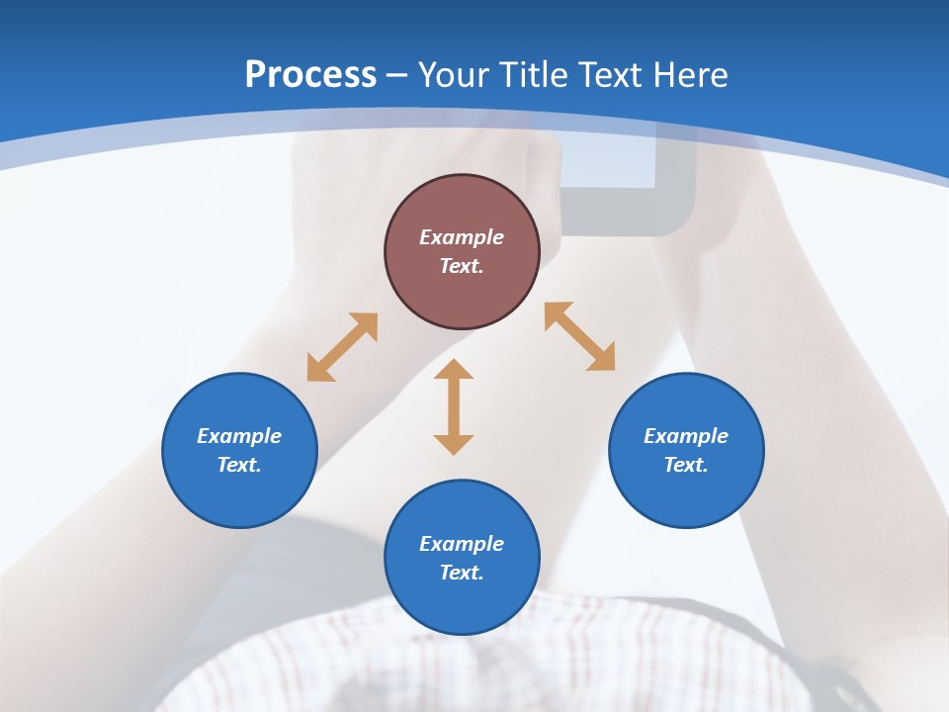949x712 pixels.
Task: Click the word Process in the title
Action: (x=310, y=75)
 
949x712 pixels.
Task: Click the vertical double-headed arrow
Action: (x=454, y=406)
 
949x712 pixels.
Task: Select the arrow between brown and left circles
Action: (x=342, y=347)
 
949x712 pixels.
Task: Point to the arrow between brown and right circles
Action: (x=579, y=336)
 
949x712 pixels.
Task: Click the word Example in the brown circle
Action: (x=462, y=237)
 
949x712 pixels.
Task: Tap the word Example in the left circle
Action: (x=239, y=436)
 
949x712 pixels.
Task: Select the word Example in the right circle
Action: (x=686, y=436)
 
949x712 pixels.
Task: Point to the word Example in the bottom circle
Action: (x=462, y=544)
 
